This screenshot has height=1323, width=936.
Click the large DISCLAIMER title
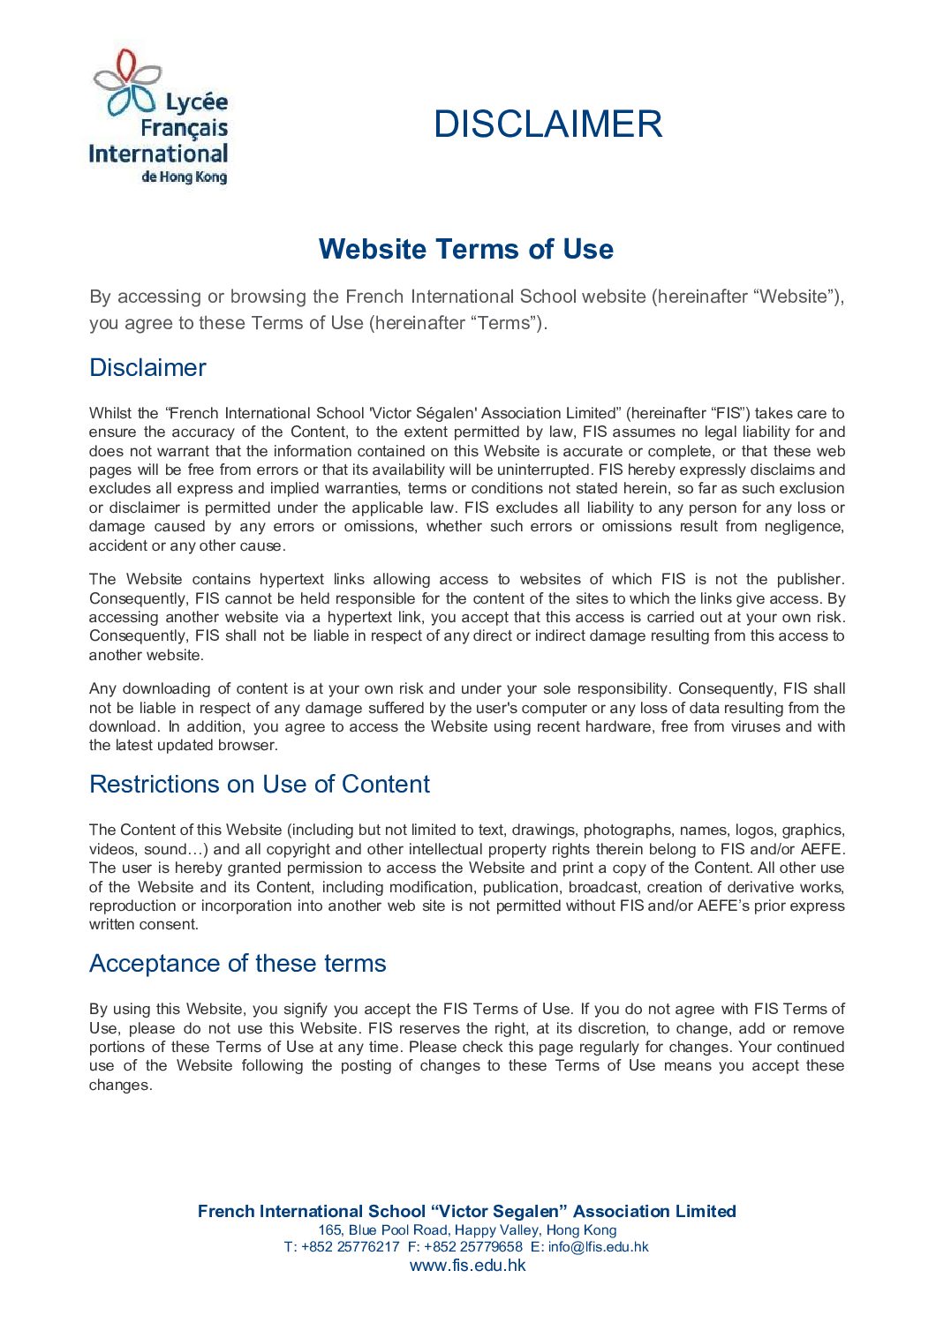(x=547, y=124)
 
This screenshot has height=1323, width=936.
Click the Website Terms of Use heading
(x=466, y=249)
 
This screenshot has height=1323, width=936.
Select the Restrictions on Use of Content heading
(x=260, y=784)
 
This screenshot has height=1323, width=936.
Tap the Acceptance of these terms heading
(x=238, y=963)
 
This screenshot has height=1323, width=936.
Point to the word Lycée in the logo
(x=196, y=103)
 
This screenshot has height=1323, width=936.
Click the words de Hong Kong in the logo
(x=184, y=177)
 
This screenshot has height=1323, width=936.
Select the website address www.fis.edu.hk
(x=467, y=1265)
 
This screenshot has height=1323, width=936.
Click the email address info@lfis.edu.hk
(x=598, y=1247)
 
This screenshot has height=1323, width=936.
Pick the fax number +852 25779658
(x=473, y=1247)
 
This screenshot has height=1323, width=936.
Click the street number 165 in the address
(x=329, y=1229)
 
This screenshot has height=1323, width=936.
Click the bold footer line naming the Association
(x=467, y=1211)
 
